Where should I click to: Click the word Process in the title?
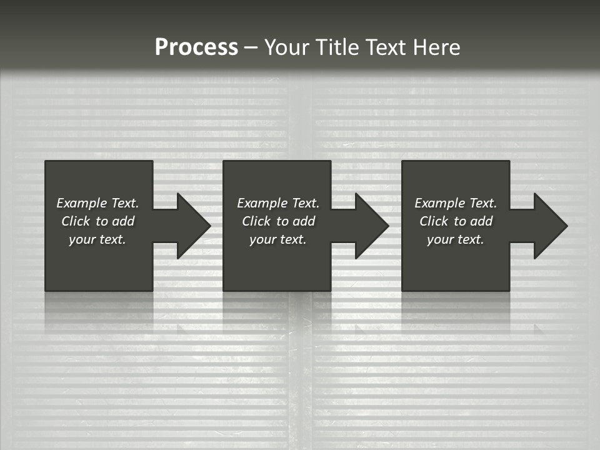coord(196,47)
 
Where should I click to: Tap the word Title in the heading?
coord(336,47)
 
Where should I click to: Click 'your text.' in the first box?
coord(97,239)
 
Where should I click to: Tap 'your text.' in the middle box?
coord(277,239)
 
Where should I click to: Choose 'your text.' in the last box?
coord(455,239)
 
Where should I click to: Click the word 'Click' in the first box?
coord(76,221)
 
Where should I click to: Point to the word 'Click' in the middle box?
coord(256,221)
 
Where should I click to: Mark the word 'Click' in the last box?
coord(434,221)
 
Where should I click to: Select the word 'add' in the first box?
coord(124,221)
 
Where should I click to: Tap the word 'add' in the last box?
coord(482,221)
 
